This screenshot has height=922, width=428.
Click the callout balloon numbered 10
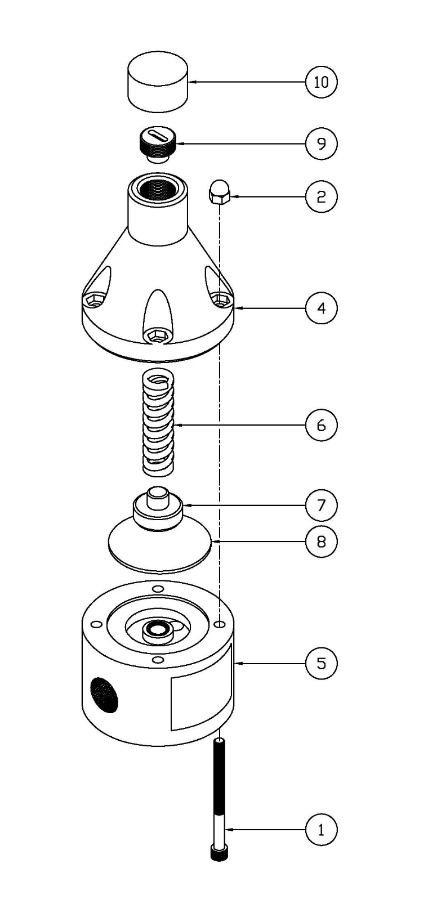pos(321,82)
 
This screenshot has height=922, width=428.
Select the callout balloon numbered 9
pos(321,144)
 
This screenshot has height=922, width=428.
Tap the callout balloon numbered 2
pos(321,196)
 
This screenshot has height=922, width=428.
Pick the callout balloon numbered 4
pos(321,308)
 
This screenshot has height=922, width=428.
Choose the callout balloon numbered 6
pos(321,424)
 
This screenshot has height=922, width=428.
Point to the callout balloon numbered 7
pos(321,505)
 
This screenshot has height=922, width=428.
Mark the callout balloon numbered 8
pos(321,542)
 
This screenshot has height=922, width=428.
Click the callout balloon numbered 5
pos(321,663)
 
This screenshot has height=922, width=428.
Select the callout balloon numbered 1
pos(321,830)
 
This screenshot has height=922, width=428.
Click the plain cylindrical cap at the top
pos(157,86)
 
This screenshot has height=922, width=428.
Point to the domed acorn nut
pos(218,193)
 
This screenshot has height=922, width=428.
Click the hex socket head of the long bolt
pos(219,853)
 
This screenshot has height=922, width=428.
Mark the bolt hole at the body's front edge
pos(159,659)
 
